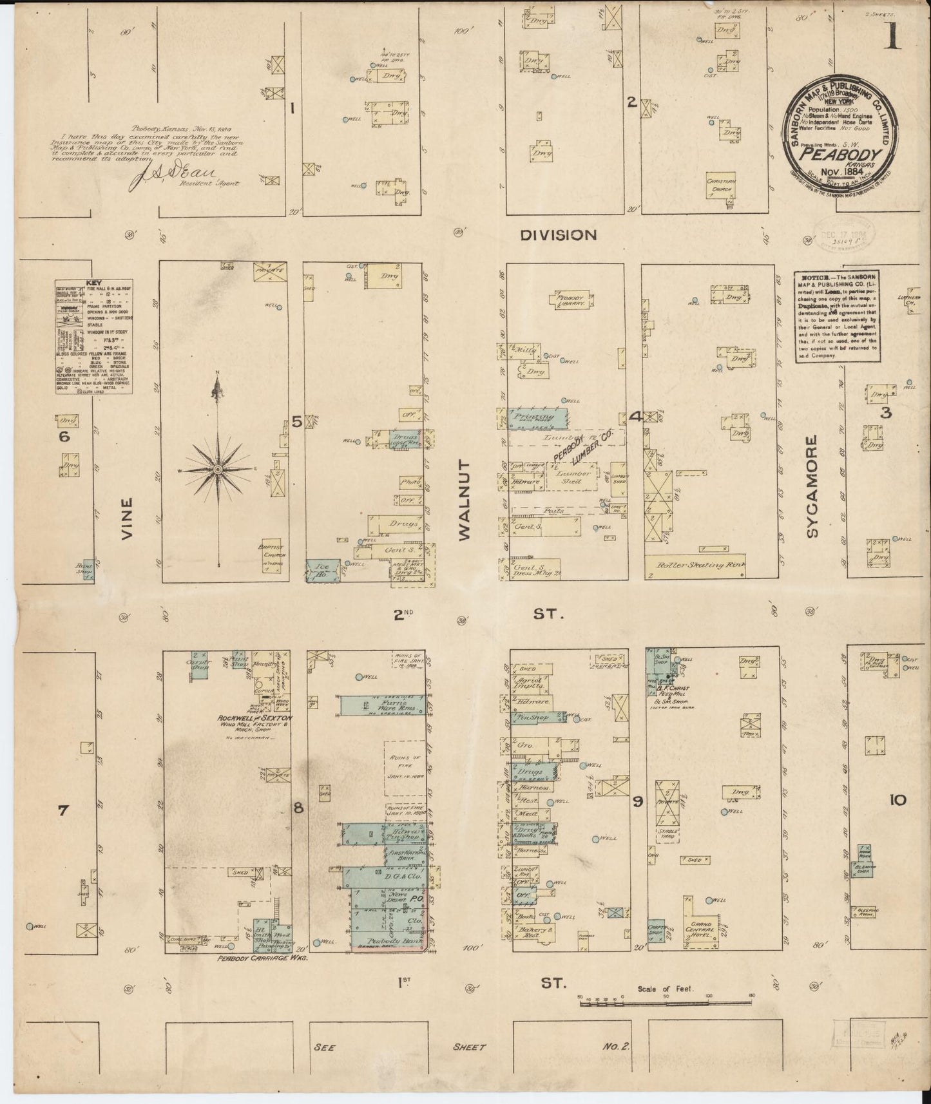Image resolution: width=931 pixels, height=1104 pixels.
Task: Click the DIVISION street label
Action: click(x=558, y=236)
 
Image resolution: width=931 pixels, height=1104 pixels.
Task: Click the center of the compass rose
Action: click(x=218, y=470)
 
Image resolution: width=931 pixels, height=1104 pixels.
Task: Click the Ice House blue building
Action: click(x=322, y=569)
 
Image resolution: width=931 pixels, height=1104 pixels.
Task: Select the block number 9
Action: click(x=637, y=802)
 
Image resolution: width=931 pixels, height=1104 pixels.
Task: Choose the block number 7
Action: click(x=62, y=811)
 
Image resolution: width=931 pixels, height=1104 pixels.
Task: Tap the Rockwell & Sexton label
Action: click(x=254, y=718)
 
